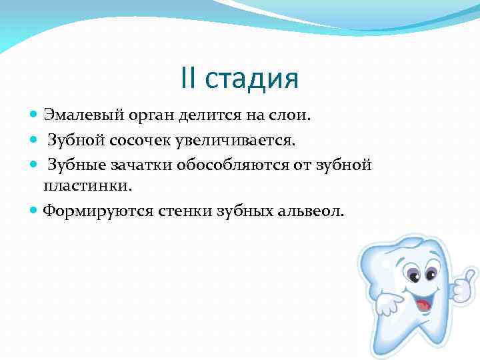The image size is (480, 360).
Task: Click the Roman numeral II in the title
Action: tap(189, 79)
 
